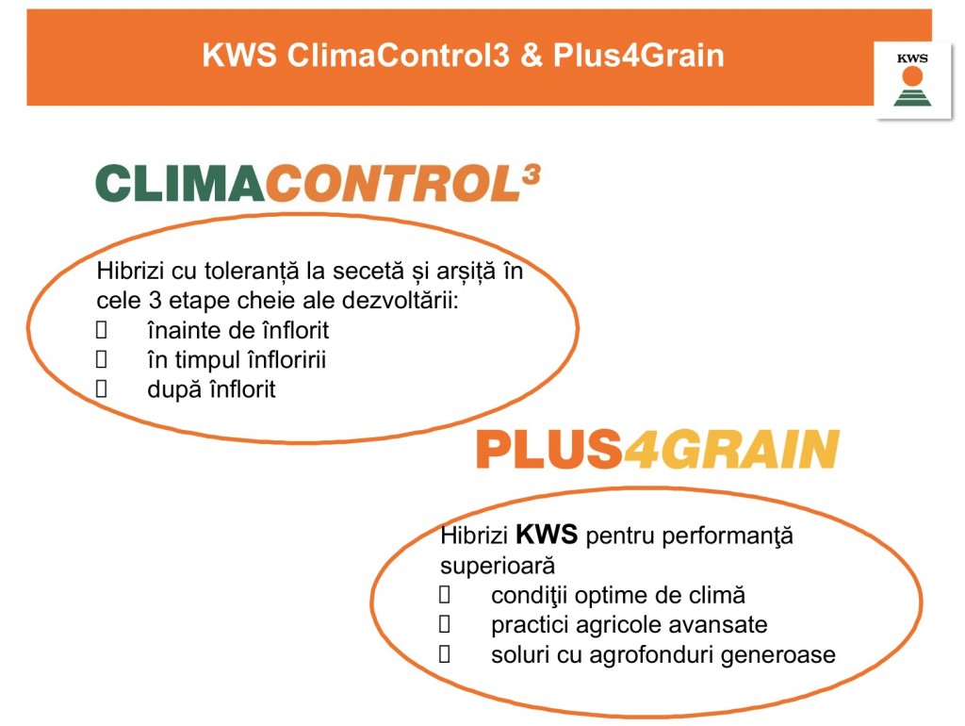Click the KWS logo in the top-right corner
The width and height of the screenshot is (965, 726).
click(912, 79)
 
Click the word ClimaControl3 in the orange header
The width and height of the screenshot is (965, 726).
click(399, 55)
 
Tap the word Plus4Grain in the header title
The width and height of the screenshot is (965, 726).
click(638, 55)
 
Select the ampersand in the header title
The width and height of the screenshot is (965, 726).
click(532, 55)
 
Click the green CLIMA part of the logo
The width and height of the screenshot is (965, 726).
click(180, 184)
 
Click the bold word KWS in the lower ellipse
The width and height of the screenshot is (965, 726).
click(547, 534)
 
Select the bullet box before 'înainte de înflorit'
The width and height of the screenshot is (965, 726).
click(102, 330)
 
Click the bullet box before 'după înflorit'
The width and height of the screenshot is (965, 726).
click(102, 389)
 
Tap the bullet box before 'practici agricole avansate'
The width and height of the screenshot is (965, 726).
click(445, 624)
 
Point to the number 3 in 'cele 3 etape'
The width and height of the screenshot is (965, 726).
click(155, 301)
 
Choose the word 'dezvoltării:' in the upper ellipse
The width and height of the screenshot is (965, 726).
click(401, 301)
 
